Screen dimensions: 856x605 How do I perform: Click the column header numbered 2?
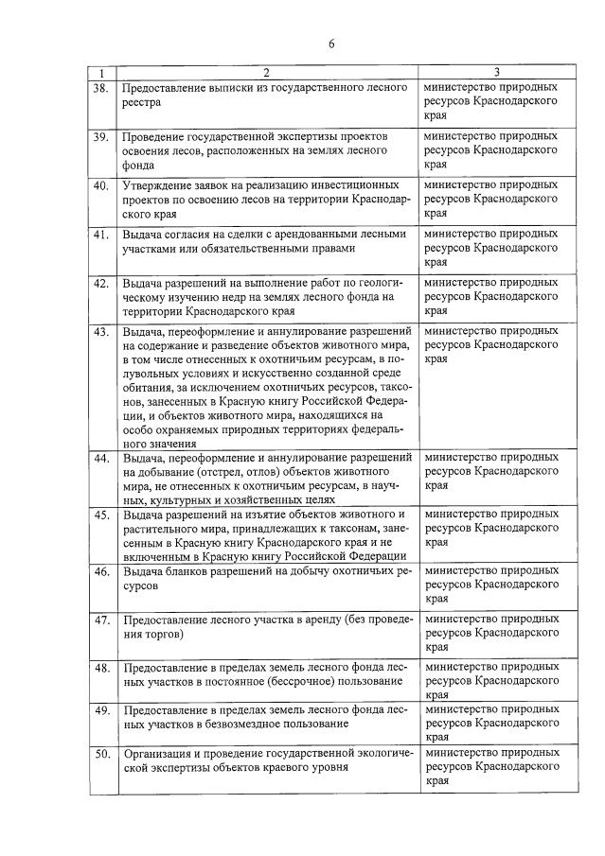coord(266,73)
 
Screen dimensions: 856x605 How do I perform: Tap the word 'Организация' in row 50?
coord(160,753)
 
